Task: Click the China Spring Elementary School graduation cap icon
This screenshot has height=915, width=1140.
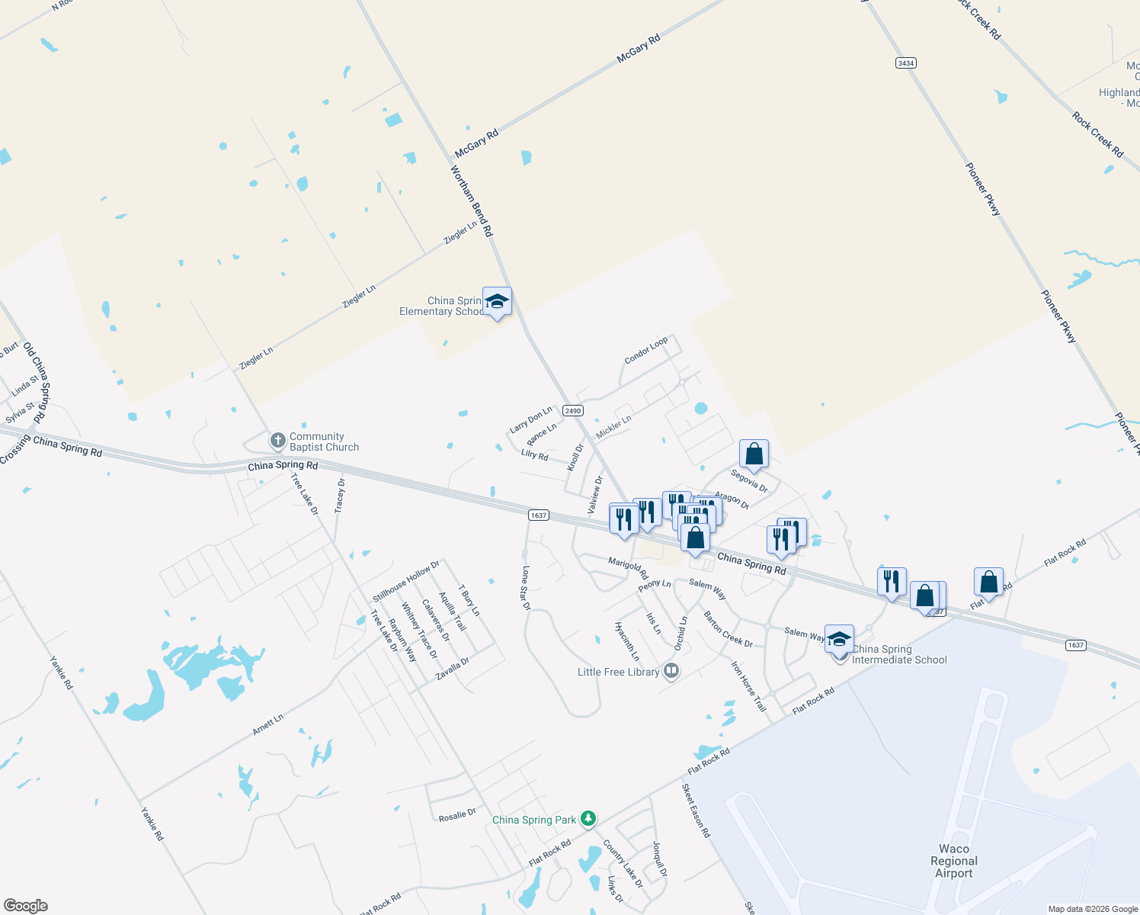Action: click(497, 302)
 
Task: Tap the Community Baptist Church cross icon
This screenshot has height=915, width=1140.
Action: click(278, 441)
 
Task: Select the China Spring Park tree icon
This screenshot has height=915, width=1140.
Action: click(588, 819)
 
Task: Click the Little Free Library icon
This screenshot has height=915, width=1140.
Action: click(671, 671)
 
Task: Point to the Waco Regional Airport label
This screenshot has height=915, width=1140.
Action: click(954, 861)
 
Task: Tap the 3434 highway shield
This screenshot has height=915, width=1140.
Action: click(905, 63)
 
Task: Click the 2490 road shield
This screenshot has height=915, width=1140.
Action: click(573, 411)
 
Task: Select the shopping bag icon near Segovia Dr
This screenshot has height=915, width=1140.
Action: click(754, 454)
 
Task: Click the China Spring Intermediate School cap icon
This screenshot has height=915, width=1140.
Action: click(839, 640)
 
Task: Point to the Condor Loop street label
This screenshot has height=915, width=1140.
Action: click(645, 350)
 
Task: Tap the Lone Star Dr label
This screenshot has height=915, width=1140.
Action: click(525, 588)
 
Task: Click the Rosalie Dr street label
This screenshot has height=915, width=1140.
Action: click(457, 815)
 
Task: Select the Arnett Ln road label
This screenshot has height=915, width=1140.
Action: click(268, 724)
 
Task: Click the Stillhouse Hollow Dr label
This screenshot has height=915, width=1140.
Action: click(406, 581)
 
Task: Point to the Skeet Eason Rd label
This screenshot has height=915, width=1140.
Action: click(696, 811)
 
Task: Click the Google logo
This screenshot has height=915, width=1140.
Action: click(25, 906)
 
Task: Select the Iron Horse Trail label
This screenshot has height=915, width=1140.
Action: click(748, 686)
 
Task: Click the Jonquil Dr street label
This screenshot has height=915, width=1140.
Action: click(660, 859)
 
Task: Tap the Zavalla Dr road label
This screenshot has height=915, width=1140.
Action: click(452, 669)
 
